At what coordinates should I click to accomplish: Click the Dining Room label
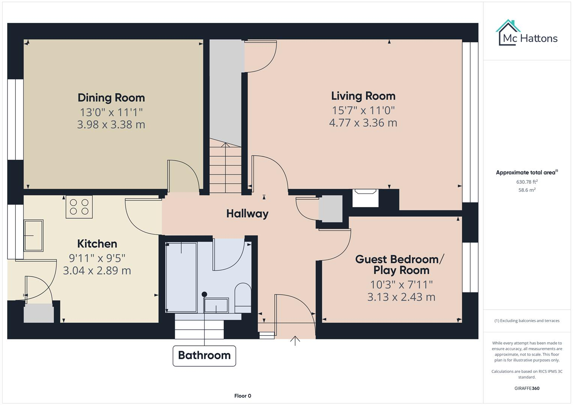[x=111, y=98]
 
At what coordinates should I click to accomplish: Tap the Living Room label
[x=363, y=96]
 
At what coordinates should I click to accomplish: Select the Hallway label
[x=247, y=214]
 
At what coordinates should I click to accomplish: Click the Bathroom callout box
[x=204, y=355]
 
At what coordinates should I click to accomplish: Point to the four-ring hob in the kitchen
[x=79, y=207]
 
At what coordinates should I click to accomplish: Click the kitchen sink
[x=33, y=235]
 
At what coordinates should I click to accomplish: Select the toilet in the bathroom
[x=243, y=298]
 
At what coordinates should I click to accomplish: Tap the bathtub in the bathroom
[x=181, y=277]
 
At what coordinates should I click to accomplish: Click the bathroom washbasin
[x=216, y=305]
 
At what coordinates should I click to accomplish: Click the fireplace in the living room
[x=365, y=198]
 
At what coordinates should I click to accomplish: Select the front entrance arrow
[x=295, y=340]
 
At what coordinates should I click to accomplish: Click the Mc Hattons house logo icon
[x=508, y=33]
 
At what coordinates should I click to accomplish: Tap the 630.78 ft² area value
[x=527, y=182]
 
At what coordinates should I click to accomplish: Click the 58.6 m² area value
[x=527, y=190]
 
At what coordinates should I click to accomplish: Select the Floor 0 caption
[x=242, y=396]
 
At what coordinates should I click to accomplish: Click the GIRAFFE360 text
[x=527, y=388]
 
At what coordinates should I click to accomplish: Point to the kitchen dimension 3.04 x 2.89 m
[x=97, y=271]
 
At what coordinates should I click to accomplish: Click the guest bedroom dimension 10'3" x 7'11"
[x=401, y=285]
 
